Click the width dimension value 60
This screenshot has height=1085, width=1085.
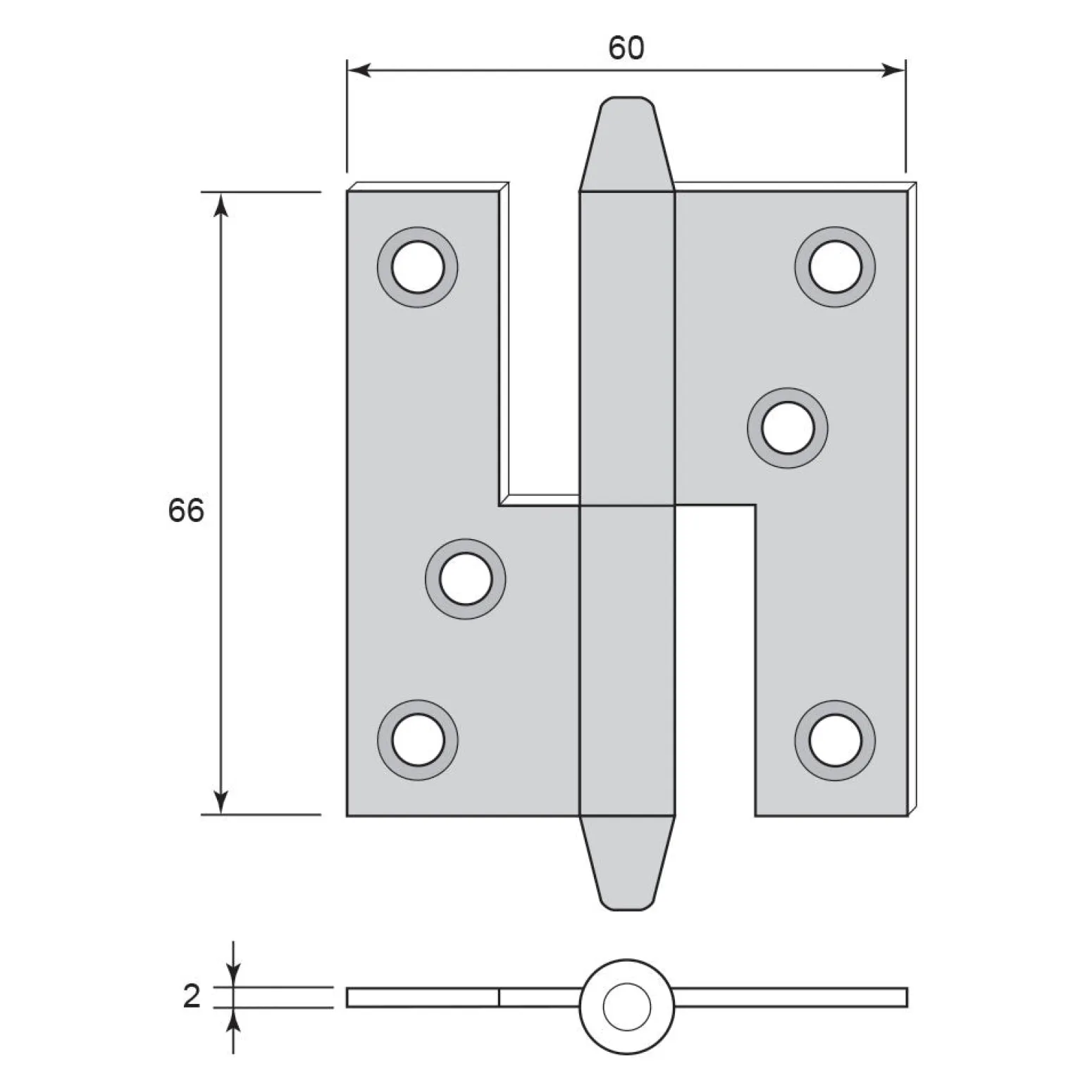pyautogui.click(x=626, y=48)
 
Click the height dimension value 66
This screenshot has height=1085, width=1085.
pyautogui.click(x=186, y=509)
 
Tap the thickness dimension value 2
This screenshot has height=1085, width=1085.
pyautogui.click(x=192, y=997)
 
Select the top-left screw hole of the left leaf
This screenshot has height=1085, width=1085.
pyautogui.click(x=418, y=267)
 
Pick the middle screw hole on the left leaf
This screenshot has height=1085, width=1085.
pyautogui.click(x=465, y=579)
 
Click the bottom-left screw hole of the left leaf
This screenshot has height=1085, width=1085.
pyautogui.click(x=418, y=740)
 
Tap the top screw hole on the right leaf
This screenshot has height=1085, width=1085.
pyautogui.click(x=835, y=267)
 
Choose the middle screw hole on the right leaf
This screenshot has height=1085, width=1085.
pyautogui.click(x=788, y=428)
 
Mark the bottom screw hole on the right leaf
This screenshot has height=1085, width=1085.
pyautogui.click(x=835, y=740)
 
